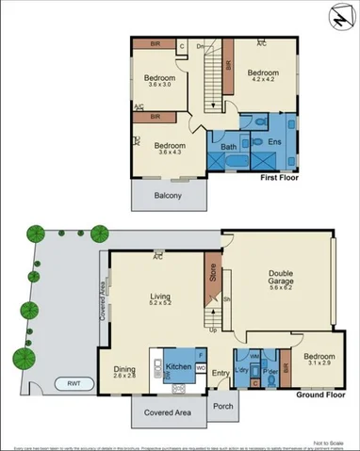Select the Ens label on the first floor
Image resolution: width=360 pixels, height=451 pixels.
coord(275,141)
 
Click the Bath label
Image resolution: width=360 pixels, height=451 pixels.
coord(228,147)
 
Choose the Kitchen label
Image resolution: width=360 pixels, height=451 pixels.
coord(178,365)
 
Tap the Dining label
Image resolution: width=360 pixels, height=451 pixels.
coord(124,369)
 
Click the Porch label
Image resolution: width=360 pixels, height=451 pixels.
coord(223,407)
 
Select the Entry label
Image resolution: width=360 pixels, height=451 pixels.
coord(221,374)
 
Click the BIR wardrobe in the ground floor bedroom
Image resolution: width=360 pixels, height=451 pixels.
coord(286,370)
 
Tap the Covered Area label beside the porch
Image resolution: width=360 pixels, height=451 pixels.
coord(167,412)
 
